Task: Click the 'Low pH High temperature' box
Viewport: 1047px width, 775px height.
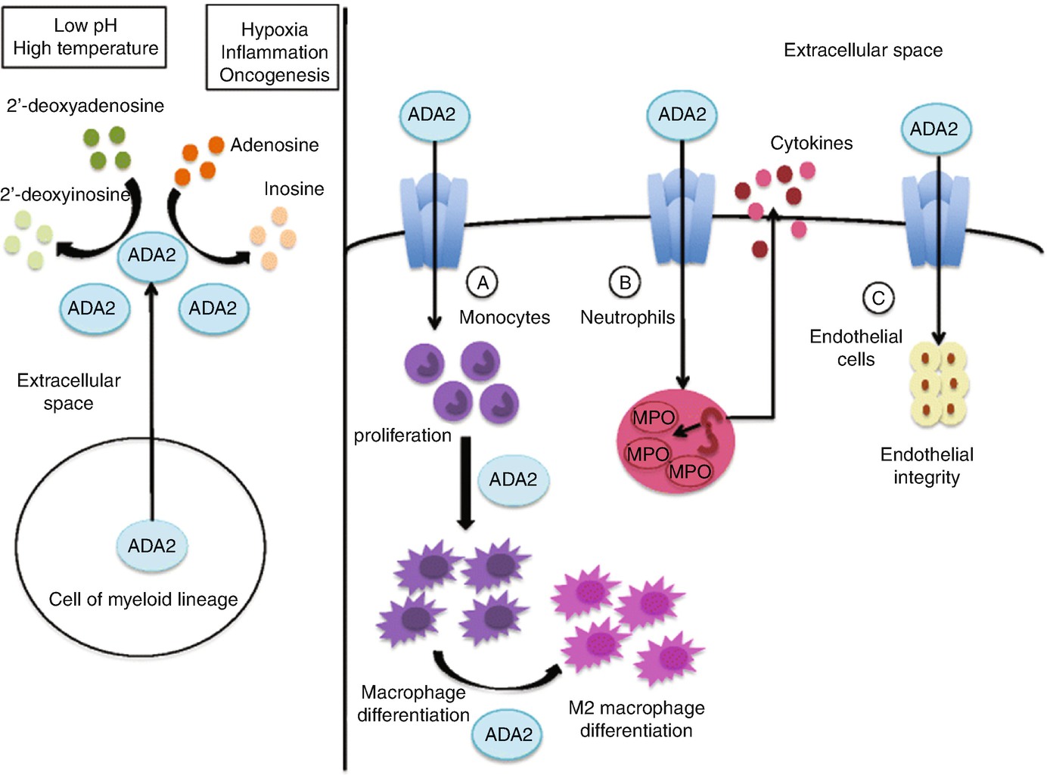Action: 85,37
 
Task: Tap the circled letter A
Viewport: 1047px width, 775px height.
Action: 483,283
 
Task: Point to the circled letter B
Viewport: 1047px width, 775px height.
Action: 625,283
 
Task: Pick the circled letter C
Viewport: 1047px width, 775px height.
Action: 878,298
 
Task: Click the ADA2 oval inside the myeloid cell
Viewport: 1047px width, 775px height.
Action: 152,545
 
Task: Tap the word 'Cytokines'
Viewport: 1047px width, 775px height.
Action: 811,143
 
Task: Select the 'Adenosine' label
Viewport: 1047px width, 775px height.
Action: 275,144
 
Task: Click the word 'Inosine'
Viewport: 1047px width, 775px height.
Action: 294,188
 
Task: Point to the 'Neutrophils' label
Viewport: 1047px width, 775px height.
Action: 627,318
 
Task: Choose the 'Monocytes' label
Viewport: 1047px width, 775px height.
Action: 505,318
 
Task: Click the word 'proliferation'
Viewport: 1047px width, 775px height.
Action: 402,436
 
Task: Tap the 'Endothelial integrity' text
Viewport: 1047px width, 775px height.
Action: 927,466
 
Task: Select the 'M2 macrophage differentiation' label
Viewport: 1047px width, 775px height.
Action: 636,719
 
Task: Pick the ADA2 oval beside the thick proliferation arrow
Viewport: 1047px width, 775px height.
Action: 513,479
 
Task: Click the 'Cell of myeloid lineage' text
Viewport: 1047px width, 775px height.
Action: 143,600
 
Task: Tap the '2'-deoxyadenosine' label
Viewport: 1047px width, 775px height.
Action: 85,106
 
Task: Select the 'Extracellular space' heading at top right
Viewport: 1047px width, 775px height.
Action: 863,51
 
